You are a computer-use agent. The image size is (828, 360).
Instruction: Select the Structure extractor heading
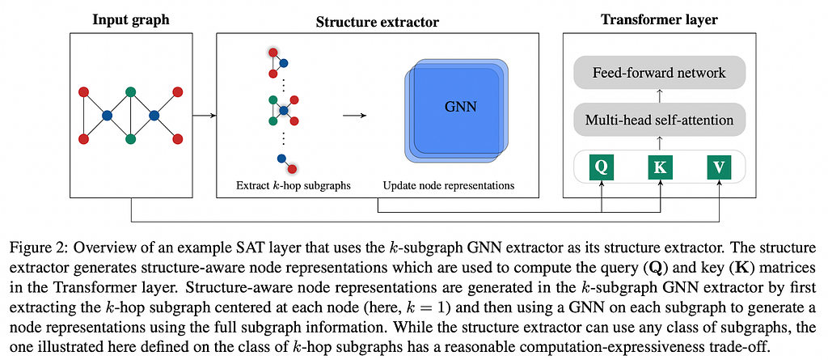[x=377, y=22]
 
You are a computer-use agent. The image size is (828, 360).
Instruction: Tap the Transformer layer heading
[x=659, y=20]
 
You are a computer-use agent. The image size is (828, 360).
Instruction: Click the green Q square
[x=602, y=167]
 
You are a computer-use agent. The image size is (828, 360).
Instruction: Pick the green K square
[x=660, y=167]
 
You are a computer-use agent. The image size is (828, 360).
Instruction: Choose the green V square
[x=719, y=167]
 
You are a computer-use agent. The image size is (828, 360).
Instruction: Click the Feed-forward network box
[x=659, y=73]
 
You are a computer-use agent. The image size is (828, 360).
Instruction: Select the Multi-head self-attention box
[x=659, y=120]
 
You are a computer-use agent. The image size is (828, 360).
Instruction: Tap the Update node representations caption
[x=448, y=186]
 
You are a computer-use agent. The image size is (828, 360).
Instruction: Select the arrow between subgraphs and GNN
[x=355, y=115]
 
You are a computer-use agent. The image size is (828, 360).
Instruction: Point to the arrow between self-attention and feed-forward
[x=659, y=96]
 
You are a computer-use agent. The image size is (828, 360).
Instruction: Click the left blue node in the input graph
[x=108, y=115]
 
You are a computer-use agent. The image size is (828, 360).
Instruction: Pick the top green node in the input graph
[x=130, y=92]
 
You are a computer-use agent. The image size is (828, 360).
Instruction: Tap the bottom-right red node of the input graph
[x=177, y=138]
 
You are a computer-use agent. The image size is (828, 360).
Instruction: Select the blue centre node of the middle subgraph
[x=284, y=110]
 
